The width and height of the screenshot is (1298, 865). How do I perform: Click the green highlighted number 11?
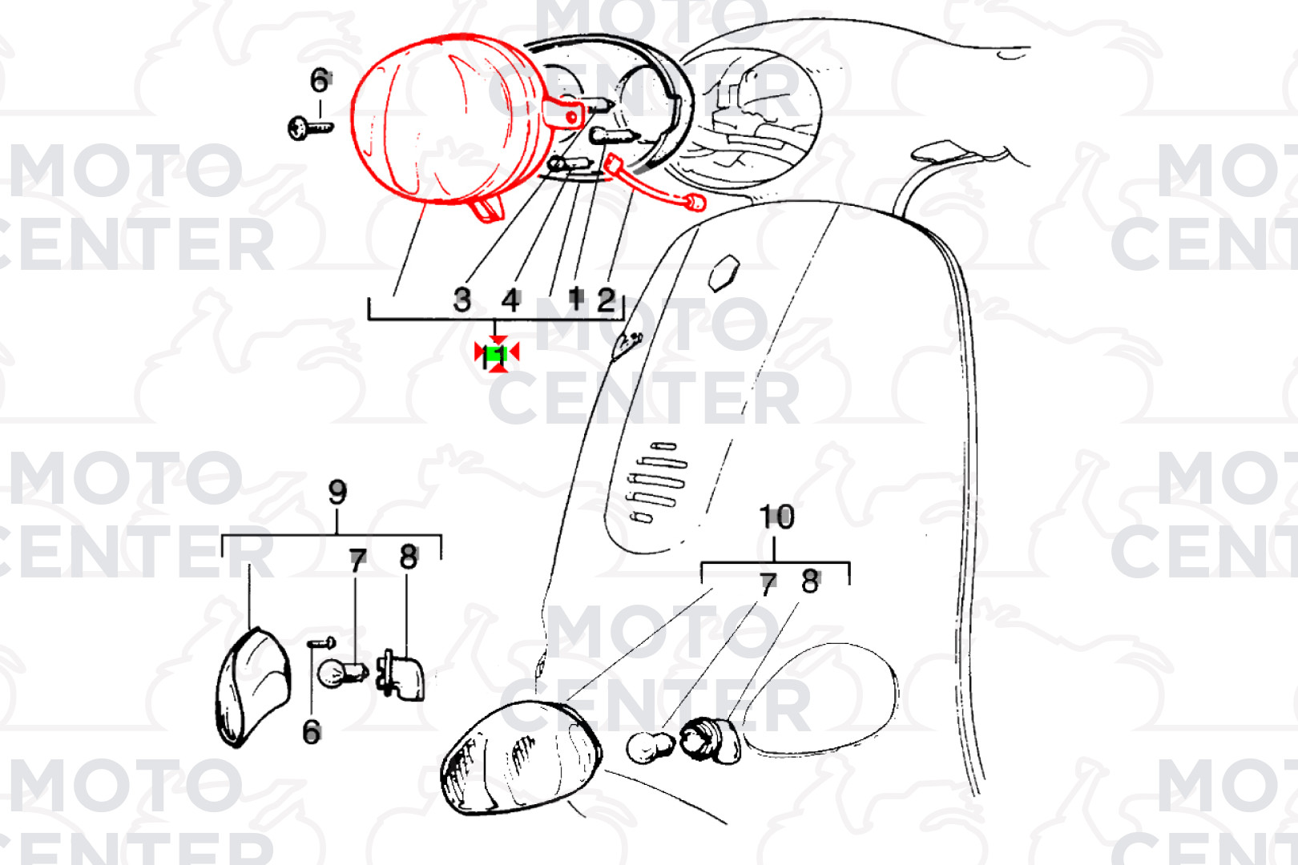[x=497, y=355]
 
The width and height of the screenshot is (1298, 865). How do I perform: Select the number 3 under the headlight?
[x=462, y=300]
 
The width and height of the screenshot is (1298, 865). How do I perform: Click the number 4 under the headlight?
[x=510, y=300]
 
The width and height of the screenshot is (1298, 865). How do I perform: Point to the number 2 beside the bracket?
[x=606, y=300]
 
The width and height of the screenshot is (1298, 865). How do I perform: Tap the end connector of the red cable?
[x=695, y=203]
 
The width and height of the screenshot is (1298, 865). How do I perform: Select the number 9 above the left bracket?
[x=337, y=492]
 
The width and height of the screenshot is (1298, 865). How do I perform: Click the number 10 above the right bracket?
[x=776, y=517]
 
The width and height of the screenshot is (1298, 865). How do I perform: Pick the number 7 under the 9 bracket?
[x=358, y=560]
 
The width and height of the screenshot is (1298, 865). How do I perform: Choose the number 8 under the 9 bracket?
[x=409, y=557]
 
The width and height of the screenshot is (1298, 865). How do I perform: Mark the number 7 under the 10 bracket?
[x=768, y=585]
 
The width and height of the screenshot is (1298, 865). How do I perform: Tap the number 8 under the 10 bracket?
[x=810, y=581]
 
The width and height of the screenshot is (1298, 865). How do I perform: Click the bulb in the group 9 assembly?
[x=342, y=674]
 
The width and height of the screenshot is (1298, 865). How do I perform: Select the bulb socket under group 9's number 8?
[x=401, y=676]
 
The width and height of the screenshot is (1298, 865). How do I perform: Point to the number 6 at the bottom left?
[x=312, y=733]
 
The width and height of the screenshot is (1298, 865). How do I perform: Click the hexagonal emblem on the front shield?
[x=724, y=272]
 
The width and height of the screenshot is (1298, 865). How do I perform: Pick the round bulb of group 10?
[x=650, y=747]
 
